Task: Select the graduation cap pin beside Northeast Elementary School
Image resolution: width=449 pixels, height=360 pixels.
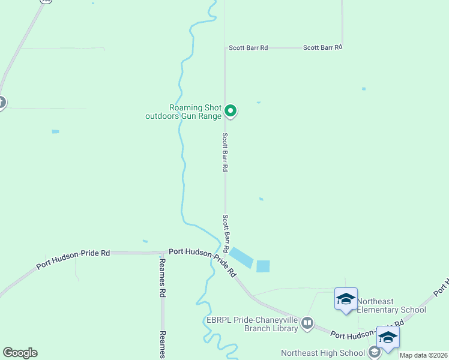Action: [x=346, y=298]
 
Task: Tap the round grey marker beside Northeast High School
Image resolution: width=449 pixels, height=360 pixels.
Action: [x=375, y=353]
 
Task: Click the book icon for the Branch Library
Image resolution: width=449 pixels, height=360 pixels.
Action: [x=307, y=323]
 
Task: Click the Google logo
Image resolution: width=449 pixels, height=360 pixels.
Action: [x=20, y=353]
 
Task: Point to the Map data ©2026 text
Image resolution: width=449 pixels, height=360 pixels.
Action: [x=424, y=355]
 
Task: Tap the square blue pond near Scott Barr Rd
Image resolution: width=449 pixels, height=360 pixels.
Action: [x=263, y=266]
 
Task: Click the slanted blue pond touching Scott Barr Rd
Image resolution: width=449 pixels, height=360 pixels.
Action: [x=241, y=257]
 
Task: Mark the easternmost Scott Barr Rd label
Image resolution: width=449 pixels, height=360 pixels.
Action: [x=322, y=47]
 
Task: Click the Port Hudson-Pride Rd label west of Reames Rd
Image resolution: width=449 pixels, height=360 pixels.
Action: [x=73, y=259]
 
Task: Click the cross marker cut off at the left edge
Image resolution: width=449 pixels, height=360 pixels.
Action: [x=1, y=103]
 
